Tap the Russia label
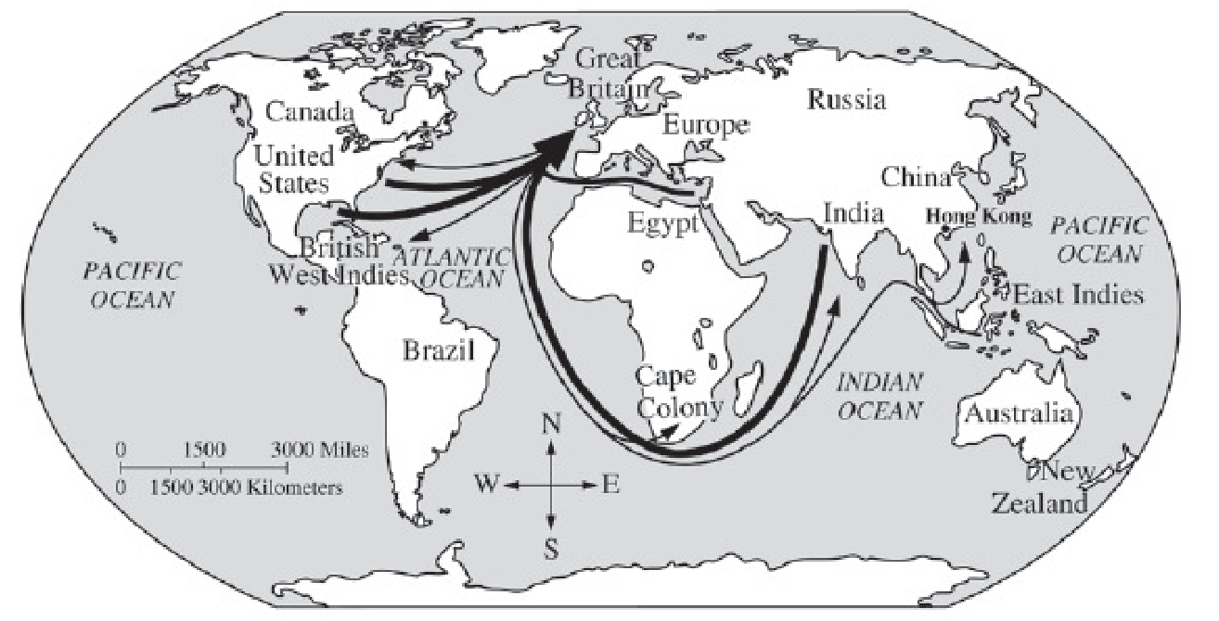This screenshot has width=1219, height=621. [x=846, y=99]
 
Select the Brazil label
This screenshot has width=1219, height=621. [x=439, y=350]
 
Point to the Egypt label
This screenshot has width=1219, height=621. [x=662, y=223]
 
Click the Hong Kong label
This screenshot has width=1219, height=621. [x=979, y=218]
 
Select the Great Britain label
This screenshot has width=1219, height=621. [x=609, y=74]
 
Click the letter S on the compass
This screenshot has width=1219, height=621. [x=551, y=550]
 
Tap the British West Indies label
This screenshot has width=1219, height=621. [x=340, y=261]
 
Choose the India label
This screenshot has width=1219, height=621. [x=851, y=214]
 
